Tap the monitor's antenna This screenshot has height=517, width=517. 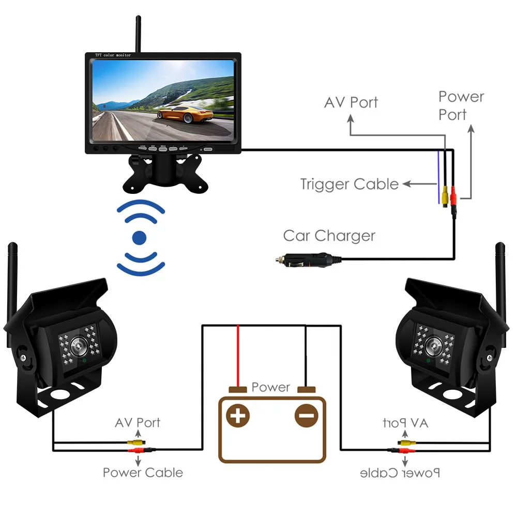(138, 34)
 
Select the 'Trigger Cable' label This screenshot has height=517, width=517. (349, 184)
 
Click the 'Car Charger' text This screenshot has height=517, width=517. (329, 236)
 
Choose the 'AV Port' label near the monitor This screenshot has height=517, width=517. (351, 102)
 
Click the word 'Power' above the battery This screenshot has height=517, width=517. (271, 387)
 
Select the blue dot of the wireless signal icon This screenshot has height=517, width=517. (140, 238)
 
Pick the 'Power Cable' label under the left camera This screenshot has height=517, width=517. (143, 473)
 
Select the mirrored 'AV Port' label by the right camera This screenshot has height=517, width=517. (406, 423)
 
